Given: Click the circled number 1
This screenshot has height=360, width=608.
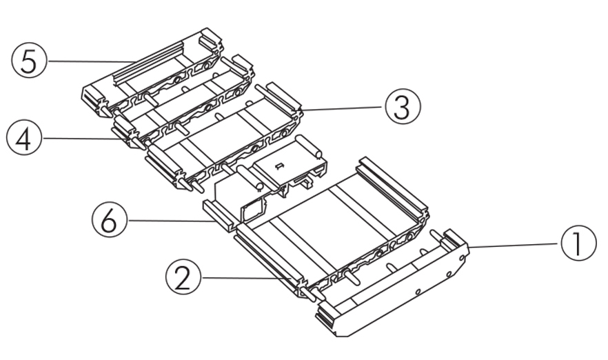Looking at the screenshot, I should coord(578,245).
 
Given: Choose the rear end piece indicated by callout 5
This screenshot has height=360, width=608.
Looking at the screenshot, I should coord(152,69).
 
